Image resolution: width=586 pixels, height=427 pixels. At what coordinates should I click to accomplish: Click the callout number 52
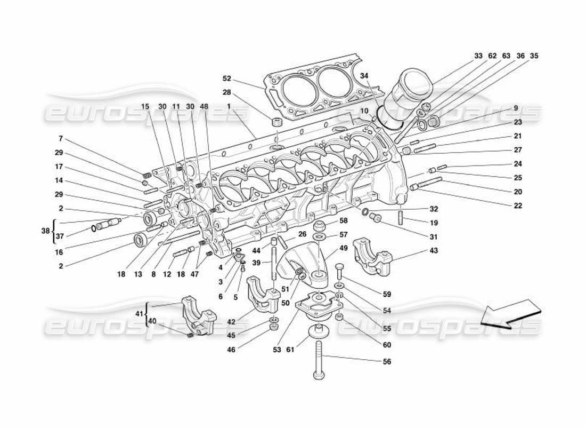coord(227,78)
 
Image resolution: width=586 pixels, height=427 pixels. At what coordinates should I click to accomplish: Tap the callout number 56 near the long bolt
coord(387,361)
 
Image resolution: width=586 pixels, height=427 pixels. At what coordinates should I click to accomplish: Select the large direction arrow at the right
coord(510,315)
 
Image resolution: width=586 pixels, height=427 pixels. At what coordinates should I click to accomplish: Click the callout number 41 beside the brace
coord(139,314)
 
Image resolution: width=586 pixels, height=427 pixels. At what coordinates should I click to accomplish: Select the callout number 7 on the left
coord(61,138)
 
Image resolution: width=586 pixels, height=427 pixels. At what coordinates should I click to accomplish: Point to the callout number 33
coord(478,56)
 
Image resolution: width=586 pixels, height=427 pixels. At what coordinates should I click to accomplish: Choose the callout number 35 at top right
coord(534,56)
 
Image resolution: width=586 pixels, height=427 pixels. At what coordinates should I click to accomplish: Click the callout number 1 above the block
coord(229,106)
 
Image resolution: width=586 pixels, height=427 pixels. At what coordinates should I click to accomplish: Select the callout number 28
coord(227,92)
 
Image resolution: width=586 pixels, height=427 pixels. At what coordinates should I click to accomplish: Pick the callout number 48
coord(205,106)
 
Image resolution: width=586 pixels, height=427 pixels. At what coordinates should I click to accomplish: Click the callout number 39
coord(256,263)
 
